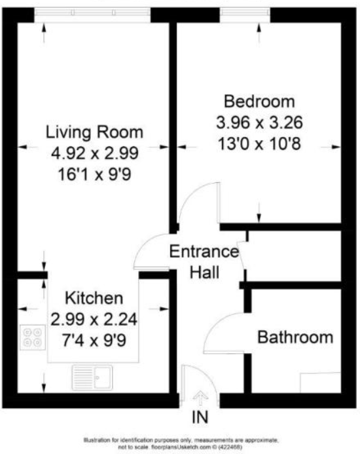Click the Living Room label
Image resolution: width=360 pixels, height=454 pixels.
pos(94,132)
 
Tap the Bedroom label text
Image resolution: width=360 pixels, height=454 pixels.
pos(259,102)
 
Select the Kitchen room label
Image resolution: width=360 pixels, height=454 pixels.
pos(94,299)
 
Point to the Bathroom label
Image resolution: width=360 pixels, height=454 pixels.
pos(295,338)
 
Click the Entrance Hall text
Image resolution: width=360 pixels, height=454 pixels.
pos(204,261)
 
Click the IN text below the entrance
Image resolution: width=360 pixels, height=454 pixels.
pos(201,417)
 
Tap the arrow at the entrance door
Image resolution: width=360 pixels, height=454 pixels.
pos(201,397)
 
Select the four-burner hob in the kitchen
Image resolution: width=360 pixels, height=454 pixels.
pos(31,337)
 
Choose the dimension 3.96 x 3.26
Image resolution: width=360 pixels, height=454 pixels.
pos(259,123)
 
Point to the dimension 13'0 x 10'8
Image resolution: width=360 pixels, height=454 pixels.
pos(259,143)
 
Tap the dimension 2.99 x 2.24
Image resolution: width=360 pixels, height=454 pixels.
pos(94,320)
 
